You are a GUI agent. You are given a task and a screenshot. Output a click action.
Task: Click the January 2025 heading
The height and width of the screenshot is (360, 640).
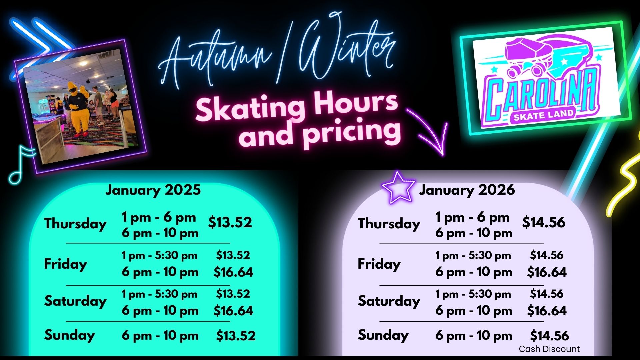(153, 190)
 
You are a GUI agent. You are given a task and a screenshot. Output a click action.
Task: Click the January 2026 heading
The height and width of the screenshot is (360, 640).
(467, 190)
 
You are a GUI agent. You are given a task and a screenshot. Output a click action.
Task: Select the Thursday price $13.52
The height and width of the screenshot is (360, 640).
(230, 222)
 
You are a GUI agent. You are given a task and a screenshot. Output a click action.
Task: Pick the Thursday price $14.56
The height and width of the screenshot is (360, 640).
(544, 222)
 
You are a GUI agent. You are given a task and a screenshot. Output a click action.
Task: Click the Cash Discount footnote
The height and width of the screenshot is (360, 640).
(549, 349)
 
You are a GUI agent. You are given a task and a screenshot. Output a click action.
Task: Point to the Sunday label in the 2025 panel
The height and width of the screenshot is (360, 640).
(70, 335)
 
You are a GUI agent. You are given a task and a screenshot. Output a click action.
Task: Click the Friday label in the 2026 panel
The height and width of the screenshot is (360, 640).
(379, 264)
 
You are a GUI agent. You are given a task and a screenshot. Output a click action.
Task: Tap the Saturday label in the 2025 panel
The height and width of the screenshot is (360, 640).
(75, 301)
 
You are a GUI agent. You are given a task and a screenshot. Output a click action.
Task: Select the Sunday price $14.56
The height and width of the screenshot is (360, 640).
(549, 336)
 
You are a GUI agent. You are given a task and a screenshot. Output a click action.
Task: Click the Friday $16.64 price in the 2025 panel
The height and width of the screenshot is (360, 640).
(233, 272)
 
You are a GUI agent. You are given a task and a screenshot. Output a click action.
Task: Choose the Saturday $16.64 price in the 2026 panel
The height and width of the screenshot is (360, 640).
(547, 311)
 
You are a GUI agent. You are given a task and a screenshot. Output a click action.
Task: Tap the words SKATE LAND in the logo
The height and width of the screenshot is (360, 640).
(543, 115)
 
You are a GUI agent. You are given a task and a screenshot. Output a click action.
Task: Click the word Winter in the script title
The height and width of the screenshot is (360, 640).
(347, 50)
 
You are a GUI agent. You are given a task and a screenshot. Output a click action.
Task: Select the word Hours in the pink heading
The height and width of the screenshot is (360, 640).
(355, 103)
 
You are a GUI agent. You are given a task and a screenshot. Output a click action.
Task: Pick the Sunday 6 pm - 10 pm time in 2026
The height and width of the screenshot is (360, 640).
(474, 335)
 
